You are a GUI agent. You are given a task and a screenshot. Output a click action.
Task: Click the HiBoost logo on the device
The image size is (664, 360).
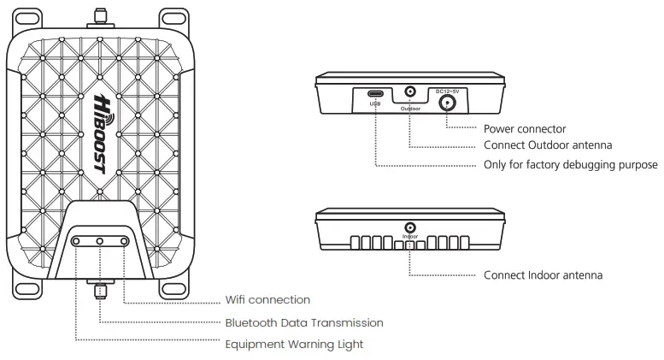(101, 133)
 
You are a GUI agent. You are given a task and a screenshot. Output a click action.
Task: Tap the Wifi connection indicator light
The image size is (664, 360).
(125, 243)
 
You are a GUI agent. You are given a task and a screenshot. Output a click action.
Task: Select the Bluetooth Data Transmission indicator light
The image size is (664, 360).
(101, 243)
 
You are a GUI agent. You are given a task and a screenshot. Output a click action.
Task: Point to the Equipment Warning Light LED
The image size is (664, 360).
(77, 243)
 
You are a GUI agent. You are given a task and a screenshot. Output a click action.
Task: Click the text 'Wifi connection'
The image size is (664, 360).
(267, 300)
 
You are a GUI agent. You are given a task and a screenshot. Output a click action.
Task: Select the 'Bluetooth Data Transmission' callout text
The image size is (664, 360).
(303, 322)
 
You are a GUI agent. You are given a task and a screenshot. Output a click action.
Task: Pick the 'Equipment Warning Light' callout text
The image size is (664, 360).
(294, 344)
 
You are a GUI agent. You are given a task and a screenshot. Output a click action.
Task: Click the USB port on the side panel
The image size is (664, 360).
(375, 94)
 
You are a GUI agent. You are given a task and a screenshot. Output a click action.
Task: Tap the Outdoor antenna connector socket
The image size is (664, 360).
(410, 93)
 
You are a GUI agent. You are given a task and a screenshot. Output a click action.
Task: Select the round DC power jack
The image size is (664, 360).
(447, 103)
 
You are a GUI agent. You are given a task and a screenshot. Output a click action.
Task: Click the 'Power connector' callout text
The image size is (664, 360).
(524, 129)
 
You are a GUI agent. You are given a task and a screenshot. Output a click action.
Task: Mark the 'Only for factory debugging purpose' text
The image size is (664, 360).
(570, 164)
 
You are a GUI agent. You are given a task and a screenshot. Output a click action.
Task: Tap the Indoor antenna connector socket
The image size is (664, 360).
(410, 227)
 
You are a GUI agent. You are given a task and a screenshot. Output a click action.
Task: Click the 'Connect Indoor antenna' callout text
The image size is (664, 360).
(544, 275)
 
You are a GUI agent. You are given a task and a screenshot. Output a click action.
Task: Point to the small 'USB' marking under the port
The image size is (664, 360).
(375, 105)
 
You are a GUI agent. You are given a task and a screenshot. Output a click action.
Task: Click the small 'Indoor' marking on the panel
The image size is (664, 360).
(410, 237)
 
